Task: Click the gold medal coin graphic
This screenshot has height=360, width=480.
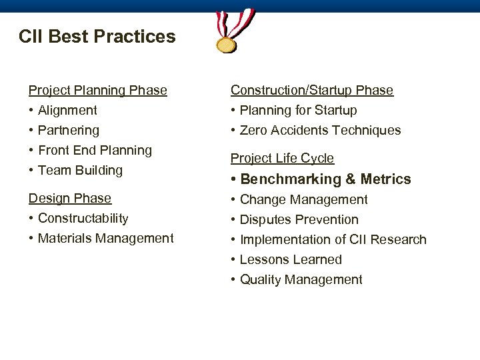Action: (227, 45)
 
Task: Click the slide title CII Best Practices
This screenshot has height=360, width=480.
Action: (97, 36)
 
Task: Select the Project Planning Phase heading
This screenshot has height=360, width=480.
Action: (97, 90)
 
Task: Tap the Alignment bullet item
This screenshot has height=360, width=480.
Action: (67, 110)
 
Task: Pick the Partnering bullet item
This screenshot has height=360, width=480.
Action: (69, 130)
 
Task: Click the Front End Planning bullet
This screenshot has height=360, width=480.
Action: (95, 150)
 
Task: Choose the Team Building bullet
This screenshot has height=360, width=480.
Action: (80, 170)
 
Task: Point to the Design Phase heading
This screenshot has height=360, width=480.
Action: (69, 198)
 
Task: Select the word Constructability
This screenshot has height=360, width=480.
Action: (83, 218)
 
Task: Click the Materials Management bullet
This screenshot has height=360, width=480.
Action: (105, 238)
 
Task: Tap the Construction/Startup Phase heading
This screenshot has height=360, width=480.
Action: (312, 90)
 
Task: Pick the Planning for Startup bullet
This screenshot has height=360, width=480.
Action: (298, 110)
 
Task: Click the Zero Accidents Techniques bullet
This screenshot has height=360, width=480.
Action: (320, 130)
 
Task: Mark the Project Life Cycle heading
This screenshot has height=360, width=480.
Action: (282, 158)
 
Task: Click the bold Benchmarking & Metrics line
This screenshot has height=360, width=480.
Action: (325, 179)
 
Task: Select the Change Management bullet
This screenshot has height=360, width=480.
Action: (303, 199)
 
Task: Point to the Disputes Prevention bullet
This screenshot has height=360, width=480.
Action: (299, 219)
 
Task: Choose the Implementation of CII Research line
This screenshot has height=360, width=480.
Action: (333, 239)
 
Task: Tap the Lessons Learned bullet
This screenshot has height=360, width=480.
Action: (291, 259)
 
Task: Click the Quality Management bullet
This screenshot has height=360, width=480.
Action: (301, 279)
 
